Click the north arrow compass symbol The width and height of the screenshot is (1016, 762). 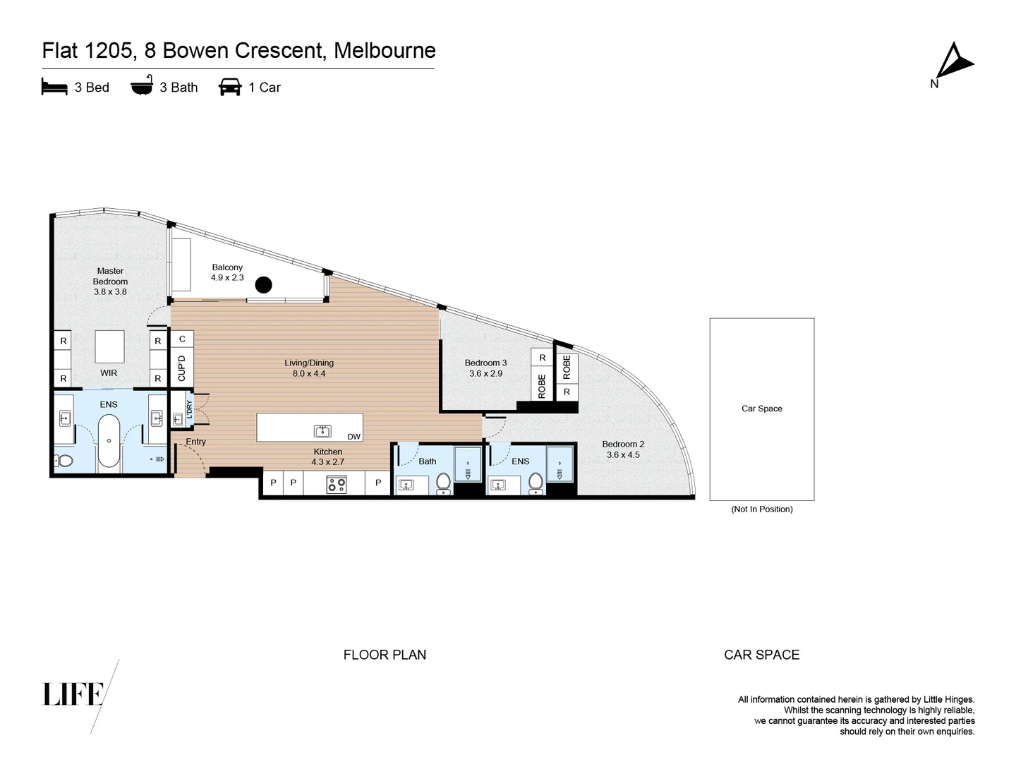click(x=954, y=61)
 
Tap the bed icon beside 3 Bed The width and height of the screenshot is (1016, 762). click(x=54, y=87)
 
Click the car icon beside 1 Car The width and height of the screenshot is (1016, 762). click(x=230, y=87)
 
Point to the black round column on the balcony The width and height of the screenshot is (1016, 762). click(x=263, y=284)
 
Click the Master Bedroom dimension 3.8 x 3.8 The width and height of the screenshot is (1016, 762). click(x=110, y=291)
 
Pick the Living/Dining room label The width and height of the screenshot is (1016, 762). click(x=309, y=363)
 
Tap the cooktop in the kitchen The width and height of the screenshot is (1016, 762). click(x=337, y=484)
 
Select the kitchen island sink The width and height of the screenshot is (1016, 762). click(x=322, y=430)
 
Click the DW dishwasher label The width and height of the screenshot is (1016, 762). click(x=353, y=437)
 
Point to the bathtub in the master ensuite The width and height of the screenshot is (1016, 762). click(x=108, y=441)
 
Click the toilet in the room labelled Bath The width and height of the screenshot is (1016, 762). click(x=443, y=483)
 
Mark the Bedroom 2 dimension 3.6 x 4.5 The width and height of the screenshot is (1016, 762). click(x=623, y=455)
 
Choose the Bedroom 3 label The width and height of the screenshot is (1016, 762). click(x=485, y=363)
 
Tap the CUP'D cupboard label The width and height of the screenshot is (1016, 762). click(x=182, y=368)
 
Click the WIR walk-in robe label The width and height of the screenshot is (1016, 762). click(x=109, y=373)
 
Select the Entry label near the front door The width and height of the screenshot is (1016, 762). click(x=195, y=442)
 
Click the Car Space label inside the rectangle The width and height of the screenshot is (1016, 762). click(x=761, y=409)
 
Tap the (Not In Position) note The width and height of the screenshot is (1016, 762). click(x=761, y=509)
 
